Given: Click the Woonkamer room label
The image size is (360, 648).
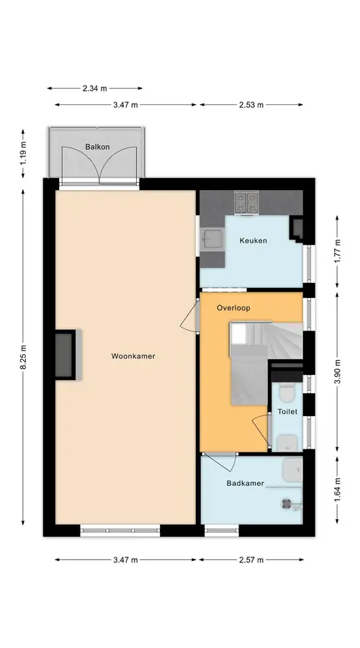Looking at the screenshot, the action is [133, 356].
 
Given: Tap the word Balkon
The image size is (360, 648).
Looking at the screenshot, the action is [97, 147].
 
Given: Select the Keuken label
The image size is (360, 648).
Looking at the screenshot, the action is [253, 240].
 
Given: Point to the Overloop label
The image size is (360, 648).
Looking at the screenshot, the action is [233, 308].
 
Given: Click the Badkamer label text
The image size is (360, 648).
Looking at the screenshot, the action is [245, 483].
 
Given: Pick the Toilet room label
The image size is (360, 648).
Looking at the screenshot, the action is [287, 412].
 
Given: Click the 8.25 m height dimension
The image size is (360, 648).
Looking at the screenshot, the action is [23, 358].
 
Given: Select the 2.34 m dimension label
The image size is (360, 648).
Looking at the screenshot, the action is [94, 88].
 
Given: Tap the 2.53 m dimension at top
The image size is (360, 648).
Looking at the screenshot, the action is [251, 105].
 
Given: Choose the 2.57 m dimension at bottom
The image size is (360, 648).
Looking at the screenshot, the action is [251, 560].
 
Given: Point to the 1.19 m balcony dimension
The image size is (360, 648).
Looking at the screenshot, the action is [23, 153].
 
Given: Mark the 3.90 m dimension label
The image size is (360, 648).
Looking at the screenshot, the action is [337, 372].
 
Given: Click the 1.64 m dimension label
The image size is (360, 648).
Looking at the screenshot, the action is [337, 490].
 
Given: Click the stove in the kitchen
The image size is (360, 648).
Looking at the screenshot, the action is [246, 202].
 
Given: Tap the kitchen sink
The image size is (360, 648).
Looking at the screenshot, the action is [212, 238].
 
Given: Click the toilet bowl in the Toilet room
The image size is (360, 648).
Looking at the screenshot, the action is [287, 392].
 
